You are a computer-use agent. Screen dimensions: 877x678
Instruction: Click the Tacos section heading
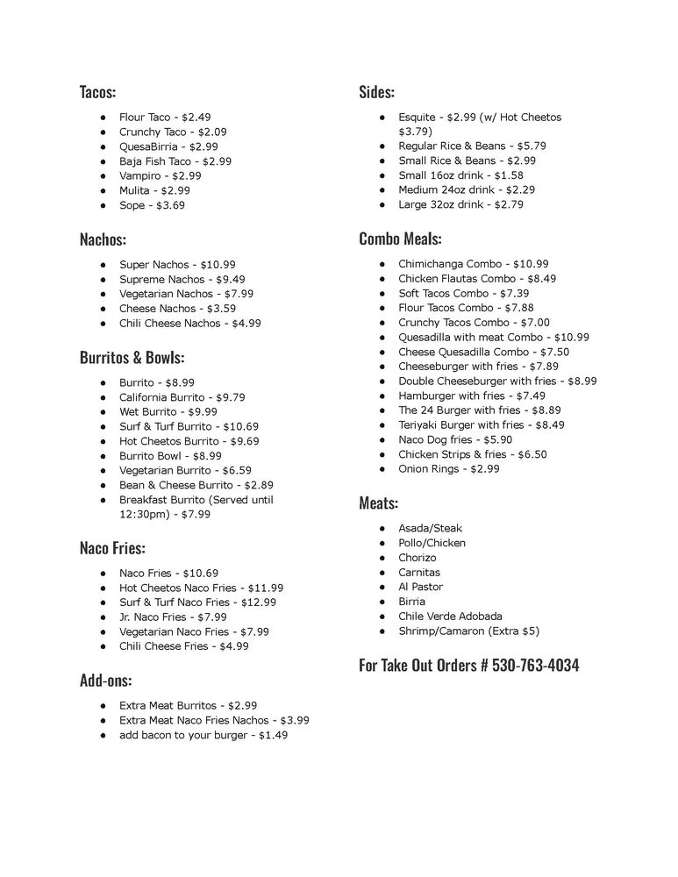97,91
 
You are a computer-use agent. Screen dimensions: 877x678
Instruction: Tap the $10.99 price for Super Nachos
218,264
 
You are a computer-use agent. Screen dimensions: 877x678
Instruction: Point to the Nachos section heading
103,239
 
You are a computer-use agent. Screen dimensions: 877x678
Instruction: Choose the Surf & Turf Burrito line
189,426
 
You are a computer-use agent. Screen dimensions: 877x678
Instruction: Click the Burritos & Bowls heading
132,358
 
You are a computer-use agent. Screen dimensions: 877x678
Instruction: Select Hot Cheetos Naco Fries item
201,588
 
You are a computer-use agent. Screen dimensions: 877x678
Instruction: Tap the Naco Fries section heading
112,549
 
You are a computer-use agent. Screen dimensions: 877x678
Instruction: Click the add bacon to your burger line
203,735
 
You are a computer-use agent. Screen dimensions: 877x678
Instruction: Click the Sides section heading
376,91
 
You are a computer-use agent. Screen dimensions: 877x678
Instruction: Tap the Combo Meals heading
400,239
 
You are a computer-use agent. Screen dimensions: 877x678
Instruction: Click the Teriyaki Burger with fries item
482,424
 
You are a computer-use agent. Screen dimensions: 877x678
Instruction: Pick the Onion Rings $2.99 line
448,469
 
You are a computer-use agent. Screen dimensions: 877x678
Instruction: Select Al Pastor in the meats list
420,587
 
